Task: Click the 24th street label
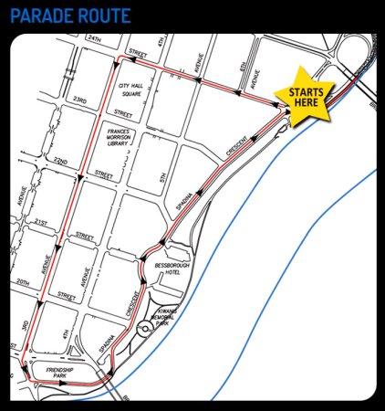[93, 39]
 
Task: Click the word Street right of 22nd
[103, 174]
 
